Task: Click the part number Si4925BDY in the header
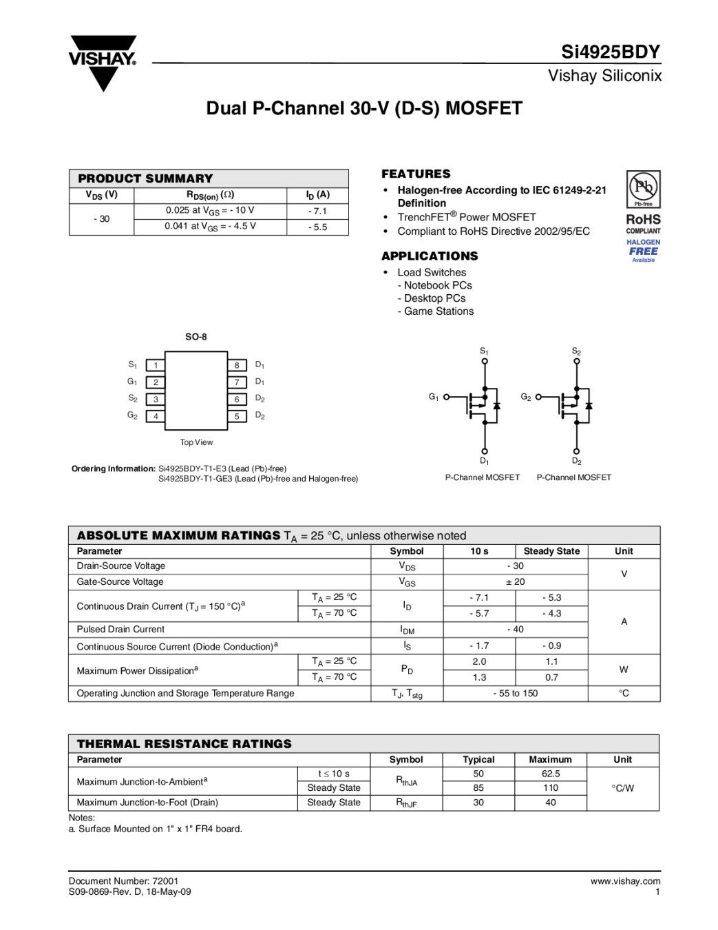click(611, 52)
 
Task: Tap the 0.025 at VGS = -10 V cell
click(210, 211)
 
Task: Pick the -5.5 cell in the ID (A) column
click(317, 227)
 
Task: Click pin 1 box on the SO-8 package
click(156, 365)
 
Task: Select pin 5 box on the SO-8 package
click(237, 416)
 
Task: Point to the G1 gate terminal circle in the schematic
click(446, 397)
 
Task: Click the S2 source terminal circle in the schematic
click(577, 361)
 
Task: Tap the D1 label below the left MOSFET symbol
click(485, 461)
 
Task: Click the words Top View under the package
click(196, 442)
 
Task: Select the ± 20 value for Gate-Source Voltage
click(515, 581)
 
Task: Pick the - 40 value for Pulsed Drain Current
click(515, 629)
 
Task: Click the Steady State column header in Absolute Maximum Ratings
click(551, 551)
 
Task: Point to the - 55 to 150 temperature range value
click(515, 693)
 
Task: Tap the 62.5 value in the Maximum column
click(551, 774)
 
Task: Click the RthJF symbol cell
click(406, 803)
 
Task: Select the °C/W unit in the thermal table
click(622, 788)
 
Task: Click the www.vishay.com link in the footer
click(625, 881)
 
